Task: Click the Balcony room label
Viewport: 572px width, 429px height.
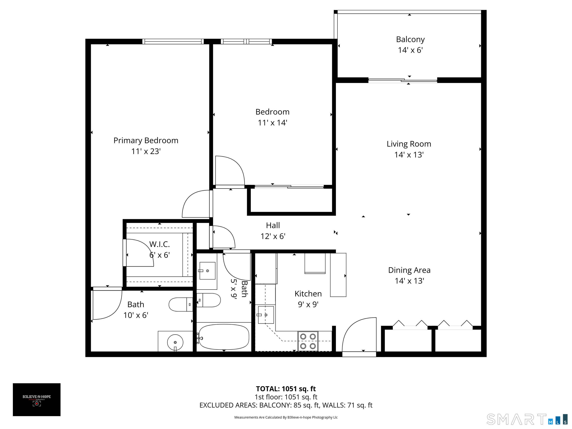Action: click(x=410, y=39)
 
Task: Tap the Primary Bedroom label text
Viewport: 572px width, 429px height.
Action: click(x=146, y=140)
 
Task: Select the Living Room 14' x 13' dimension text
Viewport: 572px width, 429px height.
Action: click(x=409, y=155)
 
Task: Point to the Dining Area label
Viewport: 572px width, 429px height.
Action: click(x=409, y=270)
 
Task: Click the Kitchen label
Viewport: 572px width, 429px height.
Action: click(x=308, y=294)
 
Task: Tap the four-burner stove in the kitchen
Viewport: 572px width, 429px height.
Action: click(x=308, y=341)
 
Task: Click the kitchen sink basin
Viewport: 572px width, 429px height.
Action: click(x=266, y=315)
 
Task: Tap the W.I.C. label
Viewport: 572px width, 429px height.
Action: click(x=160, y=244)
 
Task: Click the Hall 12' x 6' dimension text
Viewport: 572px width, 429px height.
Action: click(x=273, y=236)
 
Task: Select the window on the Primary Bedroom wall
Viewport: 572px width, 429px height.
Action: click(x=173, y=41)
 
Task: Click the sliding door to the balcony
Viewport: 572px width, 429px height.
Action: click(x=403, y=80)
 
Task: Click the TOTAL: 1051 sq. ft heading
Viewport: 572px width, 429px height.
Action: click(x=286, y=389)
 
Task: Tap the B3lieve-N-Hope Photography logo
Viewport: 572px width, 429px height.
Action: click(x=37, y=400)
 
